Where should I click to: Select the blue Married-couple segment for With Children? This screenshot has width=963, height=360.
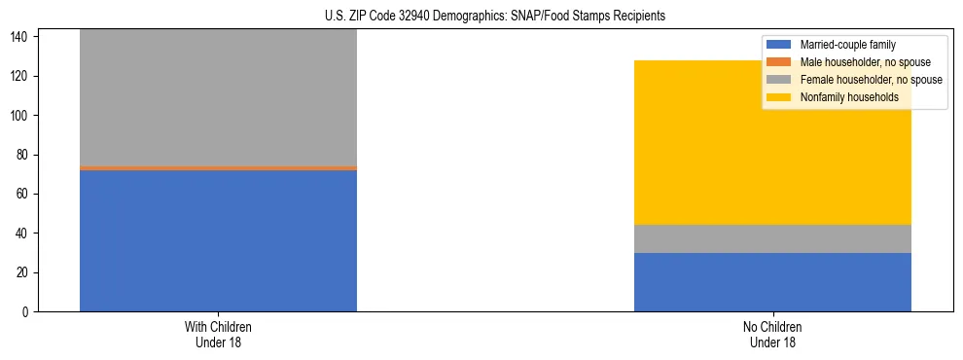click(218, 240)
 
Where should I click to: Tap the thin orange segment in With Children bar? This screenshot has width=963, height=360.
click(218, 168)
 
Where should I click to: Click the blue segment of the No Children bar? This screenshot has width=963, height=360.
click(772, 282)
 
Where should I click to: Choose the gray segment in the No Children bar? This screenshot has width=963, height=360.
click(772, 238)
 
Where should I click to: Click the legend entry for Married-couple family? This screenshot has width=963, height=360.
click(847, 45)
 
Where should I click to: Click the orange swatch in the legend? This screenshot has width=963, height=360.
click(779, 62)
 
